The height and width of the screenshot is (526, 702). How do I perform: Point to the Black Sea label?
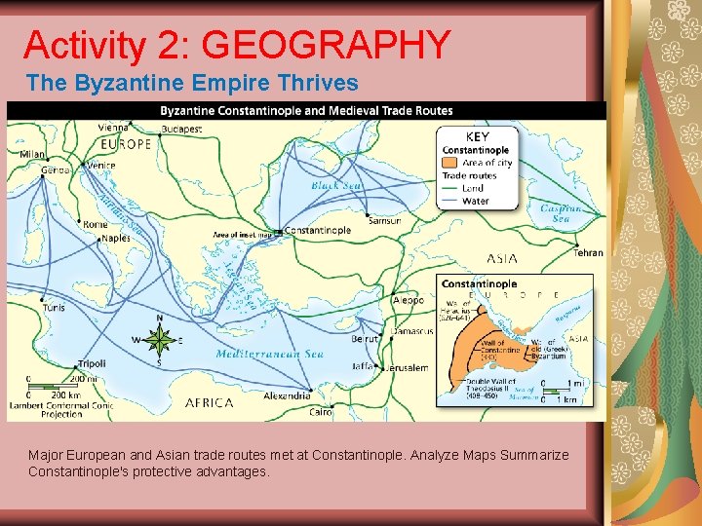(335, 184)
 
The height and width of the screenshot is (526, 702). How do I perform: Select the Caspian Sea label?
(562, 213)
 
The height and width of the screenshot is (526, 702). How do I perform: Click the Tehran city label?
(588, 253)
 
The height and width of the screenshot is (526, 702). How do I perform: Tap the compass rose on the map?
(159, 341)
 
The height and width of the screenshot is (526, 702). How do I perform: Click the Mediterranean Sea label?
(270, 355)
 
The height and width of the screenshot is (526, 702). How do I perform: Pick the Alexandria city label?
(287, 395)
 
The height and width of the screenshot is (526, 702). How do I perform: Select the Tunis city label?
(54, 307)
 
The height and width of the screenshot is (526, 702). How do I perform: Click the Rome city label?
(95, 224)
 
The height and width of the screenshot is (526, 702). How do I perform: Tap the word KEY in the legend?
(478, 137)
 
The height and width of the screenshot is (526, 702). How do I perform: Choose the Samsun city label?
(384, 221)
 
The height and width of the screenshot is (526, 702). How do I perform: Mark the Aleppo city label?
(409, 301)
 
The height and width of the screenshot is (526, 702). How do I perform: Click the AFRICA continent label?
(209, 402)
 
